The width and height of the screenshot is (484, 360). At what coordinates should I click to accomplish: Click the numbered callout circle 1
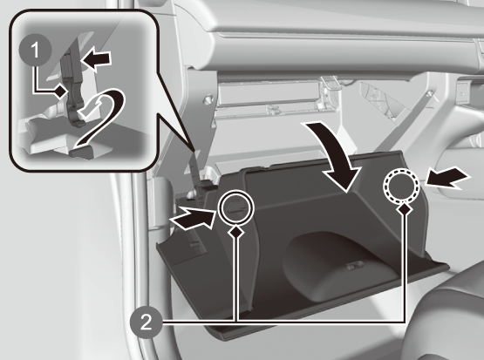tap(35, 50)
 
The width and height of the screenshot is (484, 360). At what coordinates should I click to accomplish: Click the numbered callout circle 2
tap(146, 323)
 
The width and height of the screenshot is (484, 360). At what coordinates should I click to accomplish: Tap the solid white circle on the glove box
tap(236, 207)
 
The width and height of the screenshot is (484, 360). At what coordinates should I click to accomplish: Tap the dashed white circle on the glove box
tap(401, 186)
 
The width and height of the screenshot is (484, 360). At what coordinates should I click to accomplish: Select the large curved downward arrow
tap(337, 154)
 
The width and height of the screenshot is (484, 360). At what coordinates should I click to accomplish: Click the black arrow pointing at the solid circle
tap(192, 218)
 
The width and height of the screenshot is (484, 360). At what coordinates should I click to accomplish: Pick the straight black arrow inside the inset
tap(98, 59)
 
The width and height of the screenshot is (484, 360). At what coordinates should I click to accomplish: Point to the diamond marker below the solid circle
tap(236, 232)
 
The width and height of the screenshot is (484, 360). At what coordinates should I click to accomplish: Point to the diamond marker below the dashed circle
tap(405, 209)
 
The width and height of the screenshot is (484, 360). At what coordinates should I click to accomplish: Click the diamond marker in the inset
tap(61, 91)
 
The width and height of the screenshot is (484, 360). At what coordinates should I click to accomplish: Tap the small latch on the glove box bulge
tap(355, 266)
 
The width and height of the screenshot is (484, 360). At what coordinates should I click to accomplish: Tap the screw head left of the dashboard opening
tap(208, 99)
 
